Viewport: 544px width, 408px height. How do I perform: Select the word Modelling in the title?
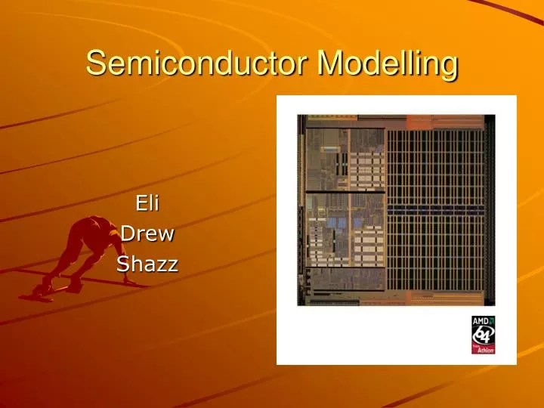pyautogui.click(x=388, y=63)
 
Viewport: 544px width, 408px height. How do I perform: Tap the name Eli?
pyautogui.click(x=147, y=203)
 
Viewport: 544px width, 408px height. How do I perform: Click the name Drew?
pyautogui.click(x=147, y=233)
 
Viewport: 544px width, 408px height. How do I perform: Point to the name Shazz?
pyautogui.click(x=147, y=264)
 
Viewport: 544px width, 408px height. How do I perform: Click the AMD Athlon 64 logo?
pyautogui.click(x=484, y=335)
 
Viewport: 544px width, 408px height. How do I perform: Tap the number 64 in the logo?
pyautogui.click(x=484, y=335)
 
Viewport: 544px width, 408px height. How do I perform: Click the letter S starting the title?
pyautogui.click(x=94, y=63)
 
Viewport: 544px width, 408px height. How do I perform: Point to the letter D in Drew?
pyautogui.click(x=128, y=233)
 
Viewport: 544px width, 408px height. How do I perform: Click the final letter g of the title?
pyautogui.click(x=450, y=66)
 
